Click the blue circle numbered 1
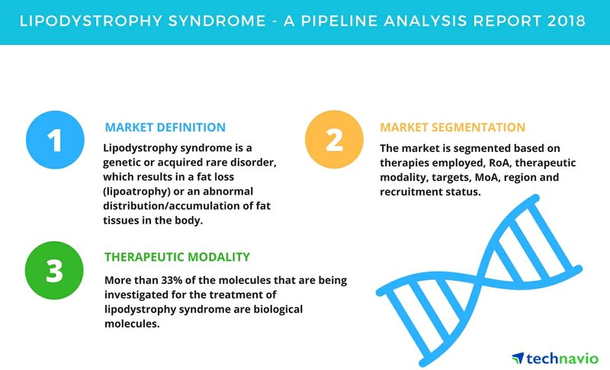click(55, 140)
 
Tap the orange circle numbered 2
click(334, 140)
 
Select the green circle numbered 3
click(54, 270)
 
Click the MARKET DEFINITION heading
click(165, 127)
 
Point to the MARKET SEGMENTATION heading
click(452, 127)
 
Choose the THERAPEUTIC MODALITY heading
click(177, 257)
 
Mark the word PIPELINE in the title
click(339, 21)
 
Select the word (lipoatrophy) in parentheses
click(137, 191)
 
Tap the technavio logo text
click(562, 359)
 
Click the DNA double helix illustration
click(479, 280)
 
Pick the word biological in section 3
click(278, 309)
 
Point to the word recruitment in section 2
click(411, 191)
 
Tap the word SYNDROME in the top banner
click(217, 21)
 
